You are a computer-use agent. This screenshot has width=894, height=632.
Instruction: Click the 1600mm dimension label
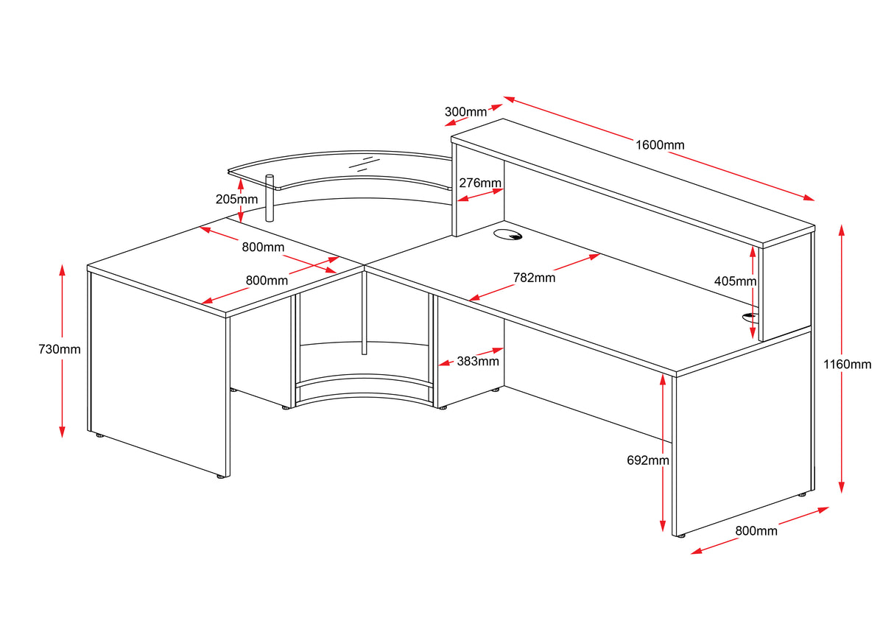point(660,145)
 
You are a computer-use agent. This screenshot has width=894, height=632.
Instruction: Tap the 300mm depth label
point(465,112)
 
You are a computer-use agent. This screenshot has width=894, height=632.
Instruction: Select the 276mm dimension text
point(480,183)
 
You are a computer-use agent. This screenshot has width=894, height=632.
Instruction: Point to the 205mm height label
point(236,199)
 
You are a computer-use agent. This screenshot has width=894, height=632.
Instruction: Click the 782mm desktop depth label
point(535,278)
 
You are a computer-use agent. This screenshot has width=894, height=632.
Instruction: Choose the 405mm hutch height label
point(735,281)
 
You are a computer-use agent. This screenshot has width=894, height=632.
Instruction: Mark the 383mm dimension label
point(478,361)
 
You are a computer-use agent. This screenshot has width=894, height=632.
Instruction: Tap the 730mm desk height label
point(60,349)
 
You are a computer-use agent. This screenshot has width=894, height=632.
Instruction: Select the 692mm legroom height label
point(648,460)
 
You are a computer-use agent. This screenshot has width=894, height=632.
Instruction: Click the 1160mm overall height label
point(847,364)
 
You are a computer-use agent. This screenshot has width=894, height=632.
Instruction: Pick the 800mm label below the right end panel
point(756,530)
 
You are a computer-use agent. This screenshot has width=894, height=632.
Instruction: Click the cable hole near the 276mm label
point(507,236)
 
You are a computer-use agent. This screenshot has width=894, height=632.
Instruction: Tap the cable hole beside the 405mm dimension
point(750,317)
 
